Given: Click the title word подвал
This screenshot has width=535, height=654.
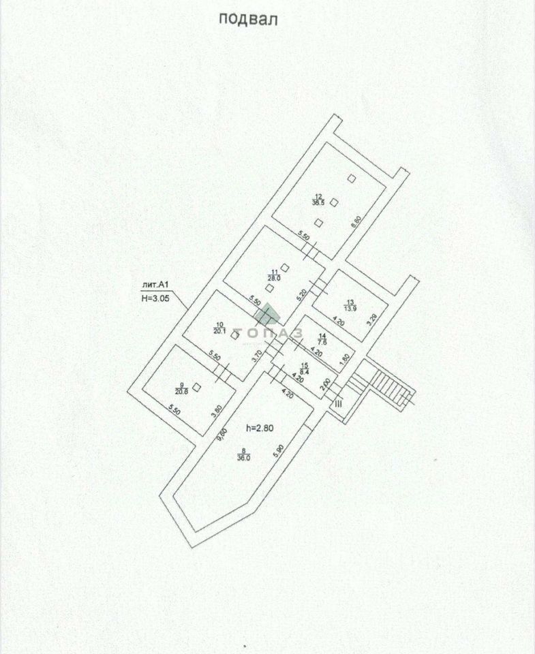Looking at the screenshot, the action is point(248,18).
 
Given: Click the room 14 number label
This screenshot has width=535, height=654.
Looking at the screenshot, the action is point(323,336).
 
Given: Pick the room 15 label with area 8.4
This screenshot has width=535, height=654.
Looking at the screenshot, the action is point(305,369).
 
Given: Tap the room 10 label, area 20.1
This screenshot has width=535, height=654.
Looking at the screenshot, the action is point(219,328).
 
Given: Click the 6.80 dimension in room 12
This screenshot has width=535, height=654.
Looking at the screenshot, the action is point(354,223).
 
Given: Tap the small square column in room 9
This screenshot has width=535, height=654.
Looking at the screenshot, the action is point(196,386).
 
